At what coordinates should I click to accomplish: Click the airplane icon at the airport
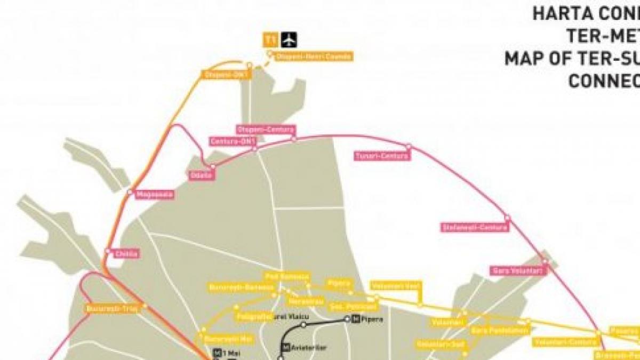coord(289,40)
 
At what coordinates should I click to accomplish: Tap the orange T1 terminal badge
coord(271,40)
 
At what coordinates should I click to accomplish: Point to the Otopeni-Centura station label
coord(266,130)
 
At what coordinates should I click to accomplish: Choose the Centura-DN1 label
coord(233,141)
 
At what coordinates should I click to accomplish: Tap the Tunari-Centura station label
coord(382,156)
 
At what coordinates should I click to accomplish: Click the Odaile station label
coord(202,175)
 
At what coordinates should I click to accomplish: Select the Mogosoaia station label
coord(154,195)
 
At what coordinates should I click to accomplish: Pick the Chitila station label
coord(126,254)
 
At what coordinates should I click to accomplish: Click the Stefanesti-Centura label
coord(475,227)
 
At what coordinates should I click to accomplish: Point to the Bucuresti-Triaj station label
coord(111,308)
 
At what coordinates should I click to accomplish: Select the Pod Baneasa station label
coord(287,276)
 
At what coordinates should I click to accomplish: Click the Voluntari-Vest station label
coord(395,286)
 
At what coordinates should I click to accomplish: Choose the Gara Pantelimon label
coord(500,331)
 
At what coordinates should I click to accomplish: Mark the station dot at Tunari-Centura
coord(409,146)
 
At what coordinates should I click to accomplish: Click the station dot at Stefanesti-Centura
coord(507,218)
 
